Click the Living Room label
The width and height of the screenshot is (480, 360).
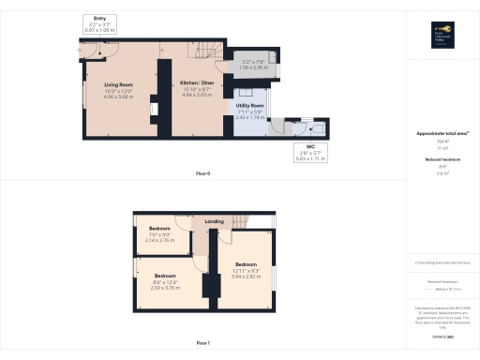(119, 85)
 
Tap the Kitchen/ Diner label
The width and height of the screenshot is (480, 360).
(197, 85)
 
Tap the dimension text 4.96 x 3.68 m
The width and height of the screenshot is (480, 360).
(119, 97)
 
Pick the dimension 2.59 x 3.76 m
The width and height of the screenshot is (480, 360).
(166, 287)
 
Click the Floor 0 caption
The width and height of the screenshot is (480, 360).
(202, 173)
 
